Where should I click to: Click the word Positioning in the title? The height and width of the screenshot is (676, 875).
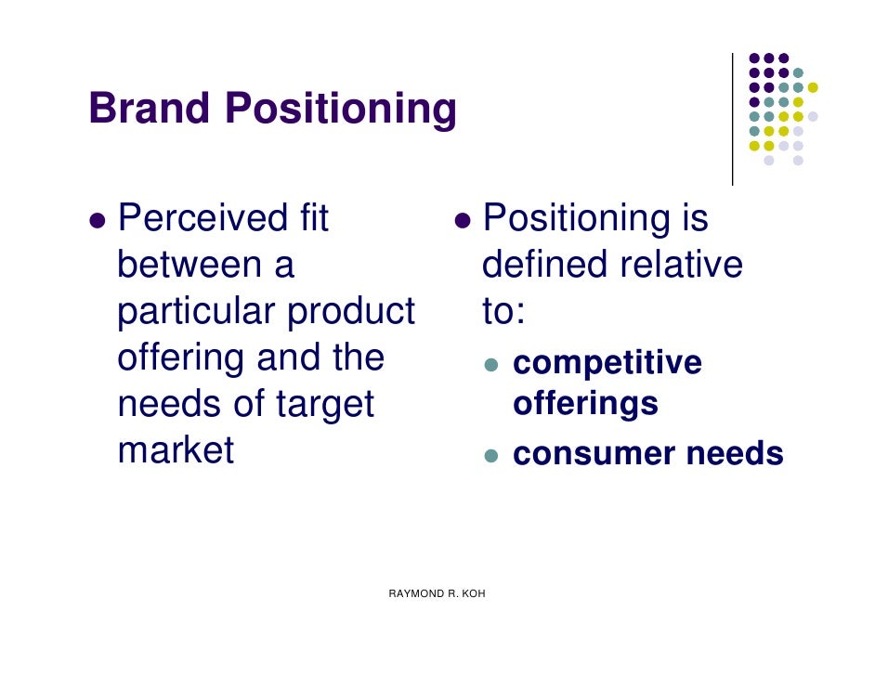click(x=341, y=110)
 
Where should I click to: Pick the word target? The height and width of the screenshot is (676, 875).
click(x=325, y=405)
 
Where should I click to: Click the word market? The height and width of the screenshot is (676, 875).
click(x=176, y=451)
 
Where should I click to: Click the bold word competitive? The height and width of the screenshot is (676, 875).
click(x=607, y=363)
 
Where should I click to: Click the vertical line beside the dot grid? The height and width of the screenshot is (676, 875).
click(x=732, y=119)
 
